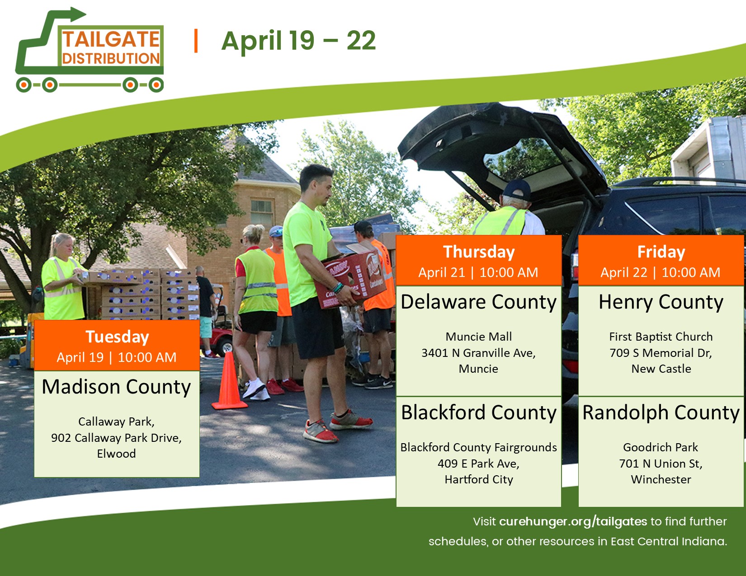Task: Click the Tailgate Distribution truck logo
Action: pos(89,50)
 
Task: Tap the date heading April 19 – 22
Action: pos(299,41)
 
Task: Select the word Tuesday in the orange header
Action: pos(117,337)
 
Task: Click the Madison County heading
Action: pos(116,387)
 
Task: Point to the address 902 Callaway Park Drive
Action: pos(116,438)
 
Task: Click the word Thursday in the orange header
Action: pos(479,252)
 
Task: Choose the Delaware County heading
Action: pos(478,302)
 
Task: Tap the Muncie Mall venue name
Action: pos(478,337)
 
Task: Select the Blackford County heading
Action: pos(478,413)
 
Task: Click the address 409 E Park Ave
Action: pos(478,464)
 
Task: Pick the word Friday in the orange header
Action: pos(661,252)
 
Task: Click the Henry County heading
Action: pos(661,302)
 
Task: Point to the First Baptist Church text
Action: pos(661,337)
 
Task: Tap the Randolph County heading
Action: pos(661,413)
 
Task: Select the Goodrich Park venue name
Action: pos(661,447)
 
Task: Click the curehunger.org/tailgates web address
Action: pos(573,521)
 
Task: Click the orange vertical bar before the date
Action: pos(196,41)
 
